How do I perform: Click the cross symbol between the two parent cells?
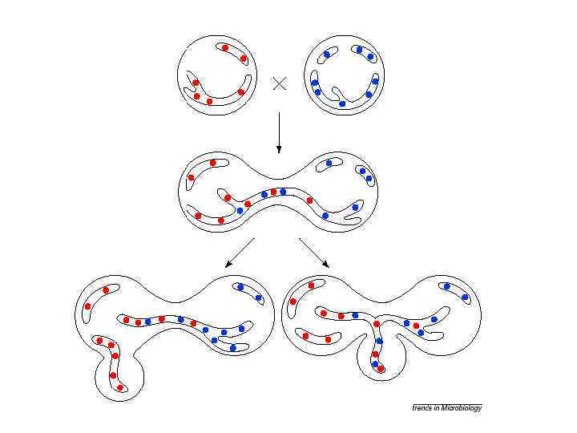click(280, 83)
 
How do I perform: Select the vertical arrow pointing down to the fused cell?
click(278, 132)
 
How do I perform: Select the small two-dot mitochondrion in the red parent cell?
click(234, 52)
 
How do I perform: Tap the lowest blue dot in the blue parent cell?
click(342, 103)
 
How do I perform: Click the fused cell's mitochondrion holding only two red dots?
click(201, 170)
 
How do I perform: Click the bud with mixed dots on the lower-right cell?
click(378, 357)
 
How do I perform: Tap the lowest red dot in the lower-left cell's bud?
click(120, 388)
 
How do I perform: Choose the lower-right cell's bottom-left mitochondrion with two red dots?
click(316, 337)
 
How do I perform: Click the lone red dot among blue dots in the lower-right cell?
click(417, 326)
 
